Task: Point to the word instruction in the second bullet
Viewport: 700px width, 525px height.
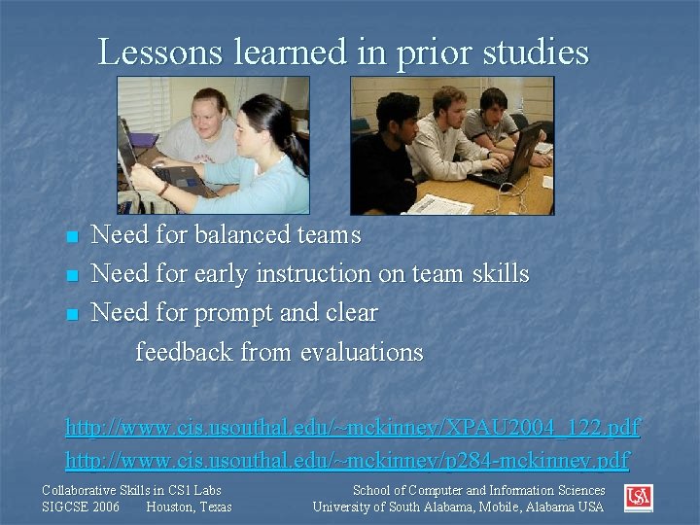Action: tap(313, 274)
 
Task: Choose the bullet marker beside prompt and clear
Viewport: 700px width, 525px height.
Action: tap(70, 315)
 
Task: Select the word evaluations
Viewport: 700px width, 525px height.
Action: tap(362, 352)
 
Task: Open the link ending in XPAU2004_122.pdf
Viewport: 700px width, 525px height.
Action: tap(352, 427)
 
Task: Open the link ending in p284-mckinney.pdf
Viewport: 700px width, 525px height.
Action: tap(346, 459)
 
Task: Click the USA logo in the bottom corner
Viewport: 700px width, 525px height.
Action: tap(639, 498)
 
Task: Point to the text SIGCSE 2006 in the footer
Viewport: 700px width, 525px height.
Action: tap(81, 507)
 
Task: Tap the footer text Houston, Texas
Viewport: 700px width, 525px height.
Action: tap(189, 507)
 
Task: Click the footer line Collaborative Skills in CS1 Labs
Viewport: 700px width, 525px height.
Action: tap(131, 491)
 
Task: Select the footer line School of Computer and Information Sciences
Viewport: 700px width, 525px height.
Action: tap(478, 491)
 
